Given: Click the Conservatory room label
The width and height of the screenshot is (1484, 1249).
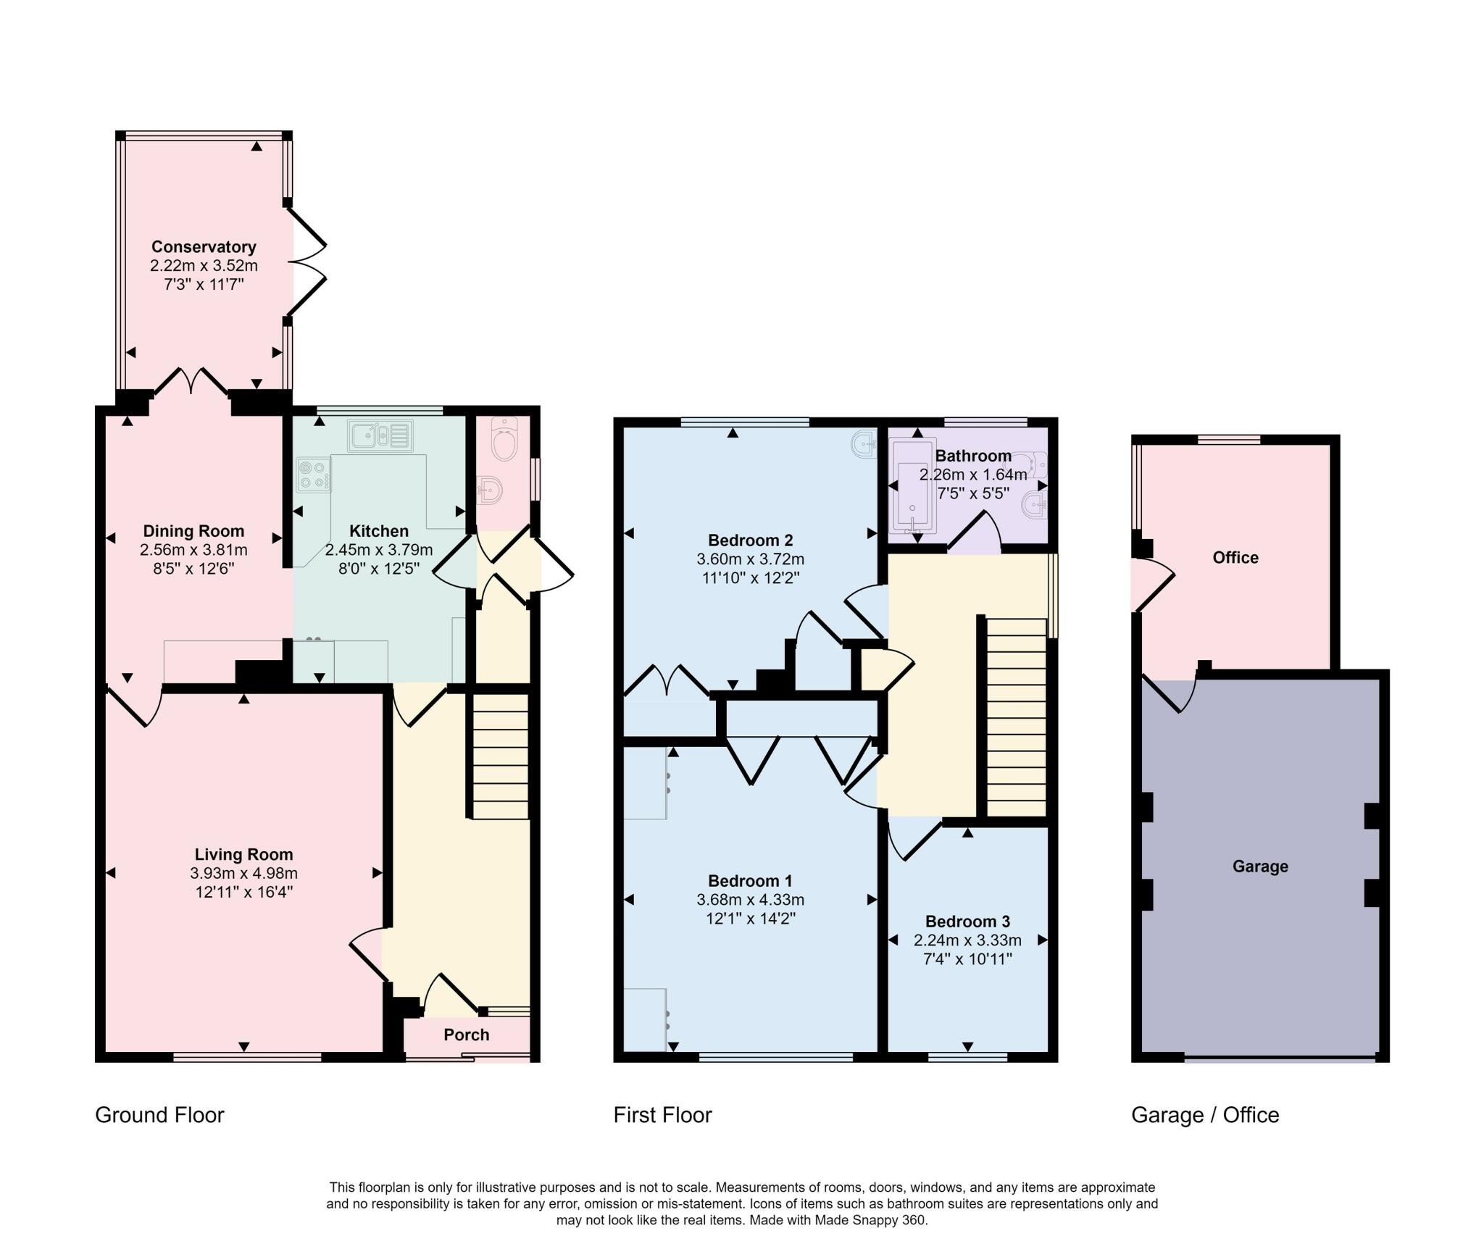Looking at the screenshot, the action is click(x=204, y=247).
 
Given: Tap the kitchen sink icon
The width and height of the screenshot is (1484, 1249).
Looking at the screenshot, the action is click(x=380, y=435).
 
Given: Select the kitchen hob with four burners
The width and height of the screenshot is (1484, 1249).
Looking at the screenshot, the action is click(x=314, y=475).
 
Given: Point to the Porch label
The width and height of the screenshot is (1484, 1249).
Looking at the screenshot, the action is click(x=467, y=1035).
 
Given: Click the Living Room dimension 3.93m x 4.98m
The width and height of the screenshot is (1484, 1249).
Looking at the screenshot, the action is click(x=244, y=873).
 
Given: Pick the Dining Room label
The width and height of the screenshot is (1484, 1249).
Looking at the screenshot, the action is click(x=193, y=531).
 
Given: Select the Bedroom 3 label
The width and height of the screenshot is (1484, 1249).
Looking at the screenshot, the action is click(x=967, y=922).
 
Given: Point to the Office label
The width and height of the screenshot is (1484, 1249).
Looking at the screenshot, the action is click(x=1235, y=557).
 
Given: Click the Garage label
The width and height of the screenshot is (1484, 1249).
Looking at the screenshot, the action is click(x=1260, y=866).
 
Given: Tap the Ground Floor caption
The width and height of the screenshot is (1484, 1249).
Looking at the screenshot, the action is click(x=159, y=1114).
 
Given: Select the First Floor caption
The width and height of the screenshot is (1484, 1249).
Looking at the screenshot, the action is click(x=662, y=1114).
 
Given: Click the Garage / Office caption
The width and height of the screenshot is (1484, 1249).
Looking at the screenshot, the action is click(x=1205, y=1114).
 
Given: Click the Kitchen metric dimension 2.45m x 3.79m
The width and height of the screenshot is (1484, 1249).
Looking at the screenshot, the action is click(x=379, y=550).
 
